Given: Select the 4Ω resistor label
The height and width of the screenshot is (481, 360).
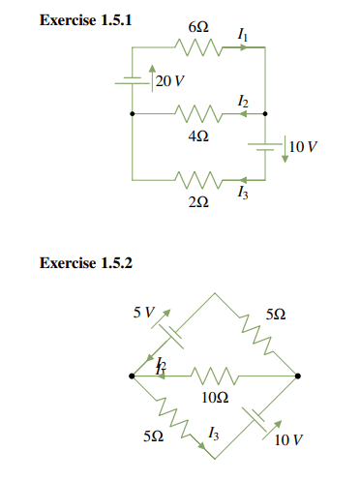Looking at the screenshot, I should (x=197, y=135).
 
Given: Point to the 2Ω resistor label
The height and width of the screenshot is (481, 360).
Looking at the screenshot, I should (x=197, y=202).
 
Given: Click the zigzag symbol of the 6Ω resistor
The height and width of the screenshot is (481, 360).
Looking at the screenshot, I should (x=197, y=46).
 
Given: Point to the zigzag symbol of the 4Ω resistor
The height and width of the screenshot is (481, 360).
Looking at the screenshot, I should (x=197, y=113).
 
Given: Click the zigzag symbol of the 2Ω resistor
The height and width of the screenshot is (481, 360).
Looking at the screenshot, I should (x=197, y=180).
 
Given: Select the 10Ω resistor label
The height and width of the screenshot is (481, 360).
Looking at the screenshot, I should (x=215, y=397).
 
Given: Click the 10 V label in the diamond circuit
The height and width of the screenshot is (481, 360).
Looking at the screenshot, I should (x=287, y=440).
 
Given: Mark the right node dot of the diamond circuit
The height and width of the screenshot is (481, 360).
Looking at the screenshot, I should (x=298, y=376).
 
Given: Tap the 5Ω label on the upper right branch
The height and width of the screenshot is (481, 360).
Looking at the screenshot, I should (x=275, y=316).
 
